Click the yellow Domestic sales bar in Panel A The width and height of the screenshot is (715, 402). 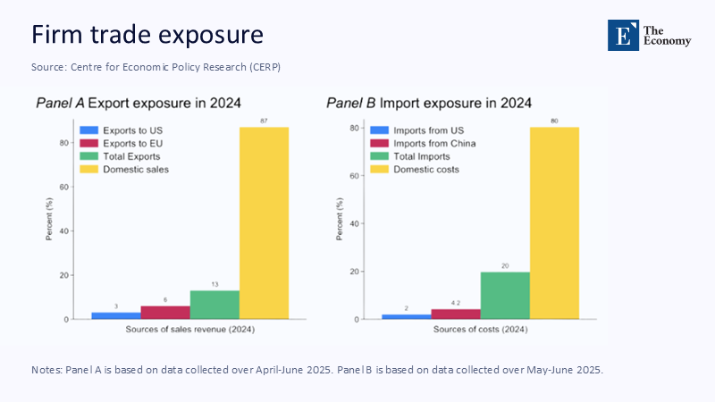click(x=264, y=222)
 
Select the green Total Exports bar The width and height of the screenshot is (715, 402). click(x=214, y=305)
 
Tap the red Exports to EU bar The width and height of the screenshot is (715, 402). click(x=165, y=313)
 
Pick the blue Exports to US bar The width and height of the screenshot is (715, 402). click(x=116, y=315)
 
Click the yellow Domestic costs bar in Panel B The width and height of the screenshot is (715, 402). click(x=554, y=222)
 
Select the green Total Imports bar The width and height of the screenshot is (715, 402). click(x=505, y=296)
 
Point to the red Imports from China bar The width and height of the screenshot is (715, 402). click(x=456, y=314)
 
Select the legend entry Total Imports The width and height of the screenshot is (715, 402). click(x=416, y=156)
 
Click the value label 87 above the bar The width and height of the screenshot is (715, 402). click(x=264, y=121)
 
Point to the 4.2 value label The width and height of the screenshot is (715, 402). click(x=456, y=302)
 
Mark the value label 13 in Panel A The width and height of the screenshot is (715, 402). click(x=214, y=283)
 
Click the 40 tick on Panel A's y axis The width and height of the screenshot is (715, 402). click(x=63, y=230)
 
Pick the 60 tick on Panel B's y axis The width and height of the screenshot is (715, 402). click(x=355, y=176)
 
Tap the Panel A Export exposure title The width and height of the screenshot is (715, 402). click(x=138, y=103)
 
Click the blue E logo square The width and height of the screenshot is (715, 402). click(x=624, y=34)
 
